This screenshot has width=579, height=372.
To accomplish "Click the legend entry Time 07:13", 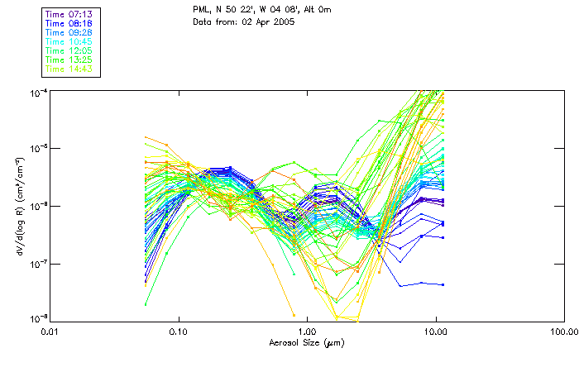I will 69,15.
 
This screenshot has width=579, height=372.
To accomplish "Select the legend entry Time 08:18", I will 69,24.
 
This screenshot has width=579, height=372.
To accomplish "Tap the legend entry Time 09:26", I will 69,33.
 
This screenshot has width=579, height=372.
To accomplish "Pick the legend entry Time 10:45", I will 69,42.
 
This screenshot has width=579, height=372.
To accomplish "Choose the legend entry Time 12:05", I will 69,51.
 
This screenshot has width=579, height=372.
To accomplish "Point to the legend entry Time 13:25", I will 69,60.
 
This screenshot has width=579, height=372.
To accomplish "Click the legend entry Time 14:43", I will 69,69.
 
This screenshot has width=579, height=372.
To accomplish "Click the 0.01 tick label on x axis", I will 50,331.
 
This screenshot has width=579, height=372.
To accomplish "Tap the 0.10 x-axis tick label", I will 178,331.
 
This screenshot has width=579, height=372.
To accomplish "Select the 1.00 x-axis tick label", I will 307,331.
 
